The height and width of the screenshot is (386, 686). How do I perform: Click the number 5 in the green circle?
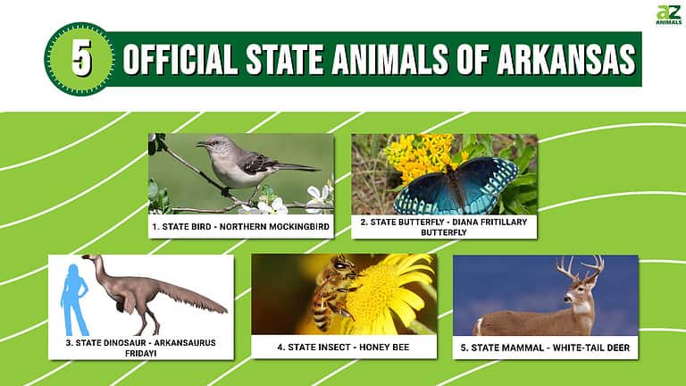coord(81,59)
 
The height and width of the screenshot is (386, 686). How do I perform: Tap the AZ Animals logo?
coord(667,16)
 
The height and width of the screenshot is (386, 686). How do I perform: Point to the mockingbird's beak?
coord(201,143)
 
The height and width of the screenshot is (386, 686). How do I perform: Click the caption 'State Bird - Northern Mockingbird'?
coord(240,227)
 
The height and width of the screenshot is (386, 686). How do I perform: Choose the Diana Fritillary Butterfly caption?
coord(443,227)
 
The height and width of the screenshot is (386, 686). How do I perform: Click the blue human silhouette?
coord(73,294)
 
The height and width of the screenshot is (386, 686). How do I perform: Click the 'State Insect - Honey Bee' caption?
coord(343,347)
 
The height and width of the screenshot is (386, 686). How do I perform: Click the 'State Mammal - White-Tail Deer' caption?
coord(545,347)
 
